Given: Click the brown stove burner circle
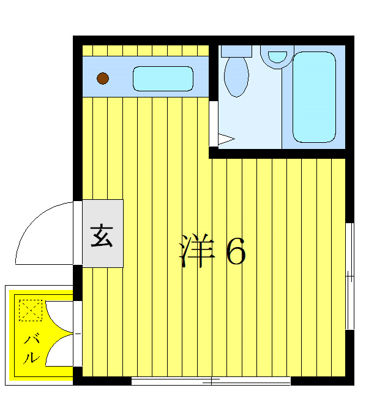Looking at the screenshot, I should pos(103,78).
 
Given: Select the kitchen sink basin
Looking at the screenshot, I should pos(163,78).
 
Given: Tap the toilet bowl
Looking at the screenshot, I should pos(236,77).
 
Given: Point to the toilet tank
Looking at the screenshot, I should pos(236,51).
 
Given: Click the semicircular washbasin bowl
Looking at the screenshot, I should pos(278,56).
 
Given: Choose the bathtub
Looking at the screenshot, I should pos(314,97).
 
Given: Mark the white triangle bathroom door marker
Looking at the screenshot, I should pos(225,139).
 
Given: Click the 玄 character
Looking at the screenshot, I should pos(102,235).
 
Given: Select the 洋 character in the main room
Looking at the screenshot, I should pos(198,250).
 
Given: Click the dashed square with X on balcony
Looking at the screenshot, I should pos(29,310).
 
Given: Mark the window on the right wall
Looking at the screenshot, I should pos(349,276).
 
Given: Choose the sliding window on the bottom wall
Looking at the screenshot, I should pos(211,381).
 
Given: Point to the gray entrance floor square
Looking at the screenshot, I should pos(103,234).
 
